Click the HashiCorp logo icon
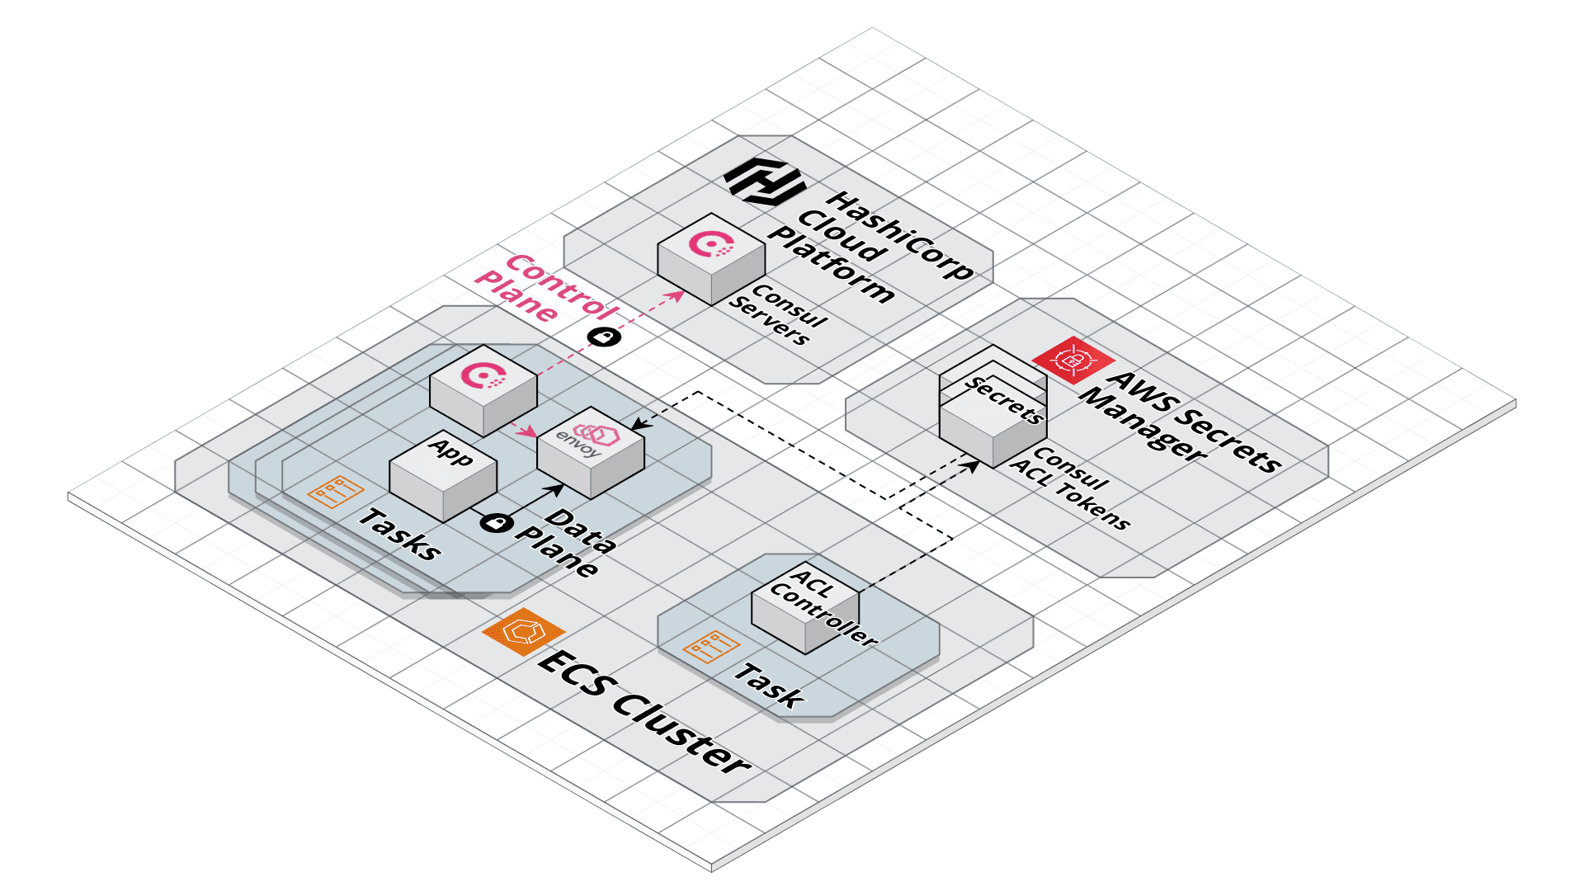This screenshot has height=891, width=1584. pos(763,182)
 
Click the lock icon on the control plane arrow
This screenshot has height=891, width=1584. pos(604,337)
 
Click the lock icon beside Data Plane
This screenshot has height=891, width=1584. pos(496,522)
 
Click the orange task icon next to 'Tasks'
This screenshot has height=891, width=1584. pos(335,492)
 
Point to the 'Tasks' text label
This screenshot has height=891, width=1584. pos(400,535)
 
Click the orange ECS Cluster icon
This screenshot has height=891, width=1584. pos(523,631)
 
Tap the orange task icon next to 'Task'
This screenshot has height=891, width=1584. pos(711,646)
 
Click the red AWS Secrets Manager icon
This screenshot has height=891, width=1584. pos(1073,361)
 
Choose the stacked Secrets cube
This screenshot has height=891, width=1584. pos(993,408)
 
